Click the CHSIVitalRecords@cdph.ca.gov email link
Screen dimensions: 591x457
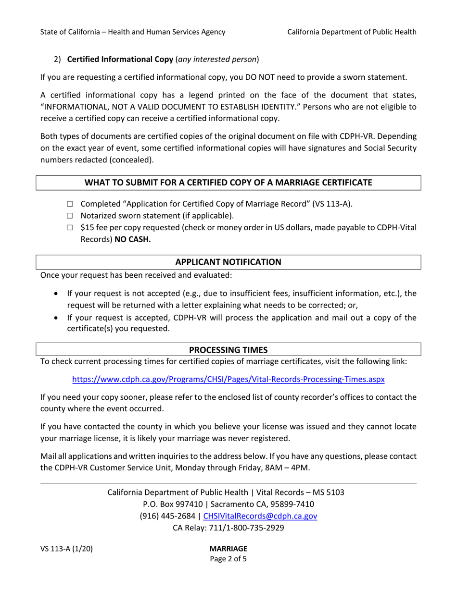coord(260,516)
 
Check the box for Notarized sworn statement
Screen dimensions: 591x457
coord(70,215)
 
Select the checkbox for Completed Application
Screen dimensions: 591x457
coord(70,204)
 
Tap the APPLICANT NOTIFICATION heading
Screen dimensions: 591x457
coord(228,262)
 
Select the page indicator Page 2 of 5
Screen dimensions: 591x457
coord(228,559)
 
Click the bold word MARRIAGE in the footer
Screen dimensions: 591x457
coord(228,549)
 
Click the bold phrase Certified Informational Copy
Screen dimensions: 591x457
coord(120,60)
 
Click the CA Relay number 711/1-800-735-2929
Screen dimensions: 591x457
coord(250,528)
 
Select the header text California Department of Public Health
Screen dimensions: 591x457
coord(352,32)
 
